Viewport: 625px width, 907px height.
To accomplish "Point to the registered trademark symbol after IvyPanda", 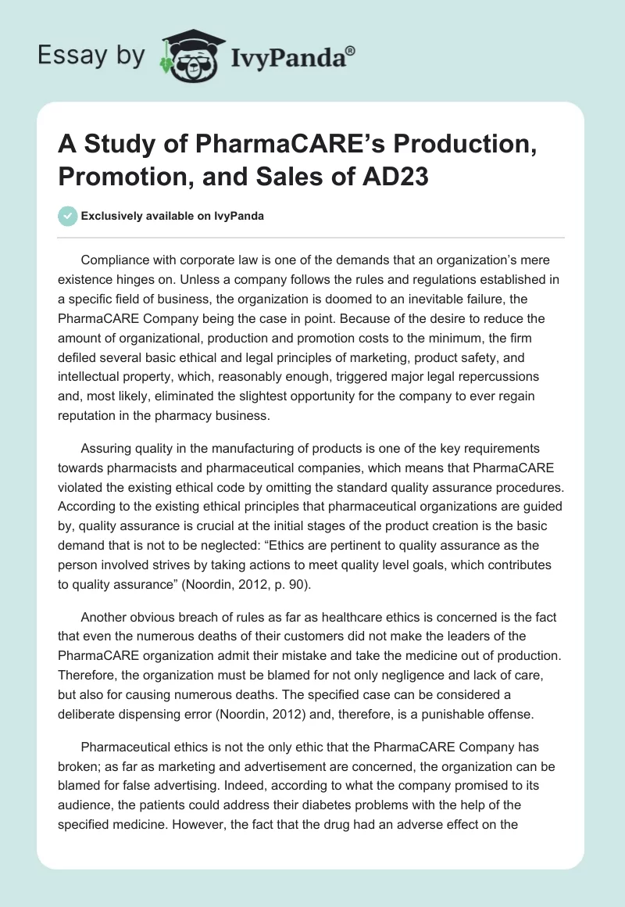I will [351, 50].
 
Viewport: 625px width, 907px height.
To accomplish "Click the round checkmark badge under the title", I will [67, 216].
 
